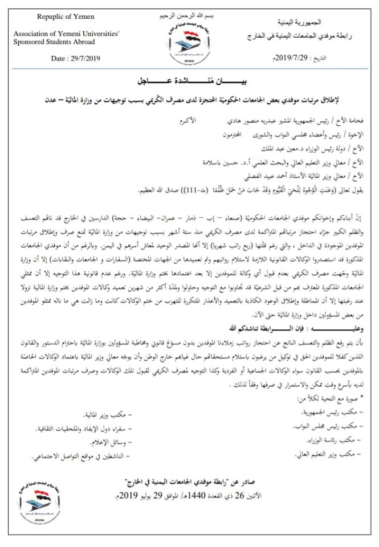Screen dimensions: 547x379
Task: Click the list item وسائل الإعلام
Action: (x=112, y=442)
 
